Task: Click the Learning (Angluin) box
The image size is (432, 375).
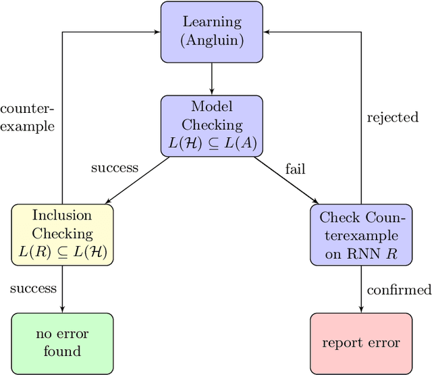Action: tap(212, 32)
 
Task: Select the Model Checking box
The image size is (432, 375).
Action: tap(212, 125)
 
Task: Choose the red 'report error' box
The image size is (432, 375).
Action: tap(360, 342)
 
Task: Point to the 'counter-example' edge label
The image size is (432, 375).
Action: tap(27, 117)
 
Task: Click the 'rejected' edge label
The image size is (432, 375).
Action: tap(393, 118)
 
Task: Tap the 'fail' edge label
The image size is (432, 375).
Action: tap(295, 169)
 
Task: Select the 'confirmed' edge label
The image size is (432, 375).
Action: tap(399, 290)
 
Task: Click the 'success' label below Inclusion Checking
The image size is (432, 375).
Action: tap(33, 289)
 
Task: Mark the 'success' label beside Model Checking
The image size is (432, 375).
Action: tap(115, 168)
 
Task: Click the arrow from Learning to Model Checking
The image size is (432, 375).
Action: tap(212, 78)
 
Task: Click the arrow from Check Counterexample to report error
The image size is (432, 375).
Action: tap(360, 289)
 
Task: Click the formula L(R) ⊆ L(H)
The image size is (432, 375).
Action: tap(62, 252)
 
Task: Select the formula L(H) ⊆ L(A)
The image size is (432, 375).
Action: tap(212, 143)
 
